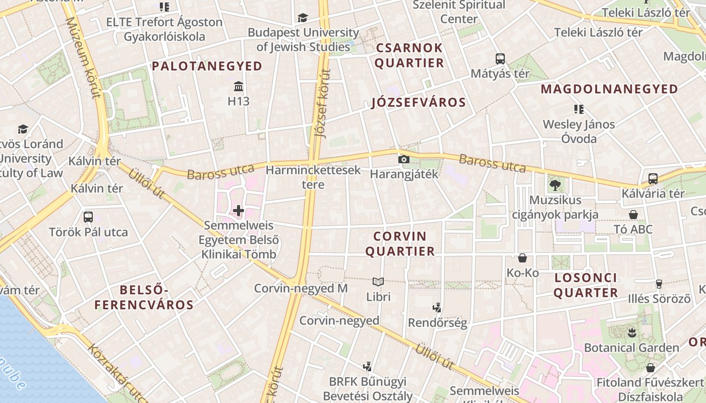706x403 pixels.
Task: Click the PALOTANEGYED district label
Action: pos(207,66)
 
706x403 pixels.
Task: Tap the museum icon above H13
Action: pos(239,86)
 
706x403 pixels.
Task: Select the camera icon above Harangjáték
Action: pos(403,160)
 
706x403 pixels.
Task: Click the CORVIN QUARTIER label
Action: pos(400,244)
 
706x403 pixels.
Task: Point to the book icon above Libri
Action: pos(378,282)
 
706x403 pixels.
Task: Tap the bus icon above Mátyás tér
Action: pos(500,59)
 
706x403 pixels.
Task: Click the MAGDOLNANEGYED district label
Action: pos(609,89)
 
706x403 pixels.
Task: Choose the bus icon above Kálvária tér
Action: pos(653,178)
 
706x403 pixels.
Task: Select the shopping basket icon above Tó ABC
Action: pos(633,215)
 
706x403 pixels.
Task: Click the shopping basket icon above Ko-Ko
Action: pos(522,258)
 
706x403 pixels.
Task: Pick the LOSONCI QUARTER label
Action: pos(585,285)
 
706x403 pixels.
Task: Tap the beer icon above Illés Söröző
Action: pos(659,284)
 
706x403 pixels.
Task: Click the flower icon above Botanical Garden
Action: pos(631,332)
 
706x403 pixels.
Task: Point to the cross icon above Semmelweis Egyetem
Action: pos(239,210)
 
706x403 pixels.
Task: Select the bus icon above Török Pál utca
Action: pos(88,217)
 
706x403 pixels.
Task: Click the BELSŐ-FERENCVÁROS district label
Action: pos(144,297)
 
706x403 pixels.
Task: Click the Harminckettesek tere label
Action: pos(313,177)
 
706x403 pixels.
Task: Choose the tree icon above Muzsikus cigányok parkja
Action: pos(555,185)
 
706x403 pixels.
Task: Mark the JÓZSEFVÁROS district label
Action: pos(419,103)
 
